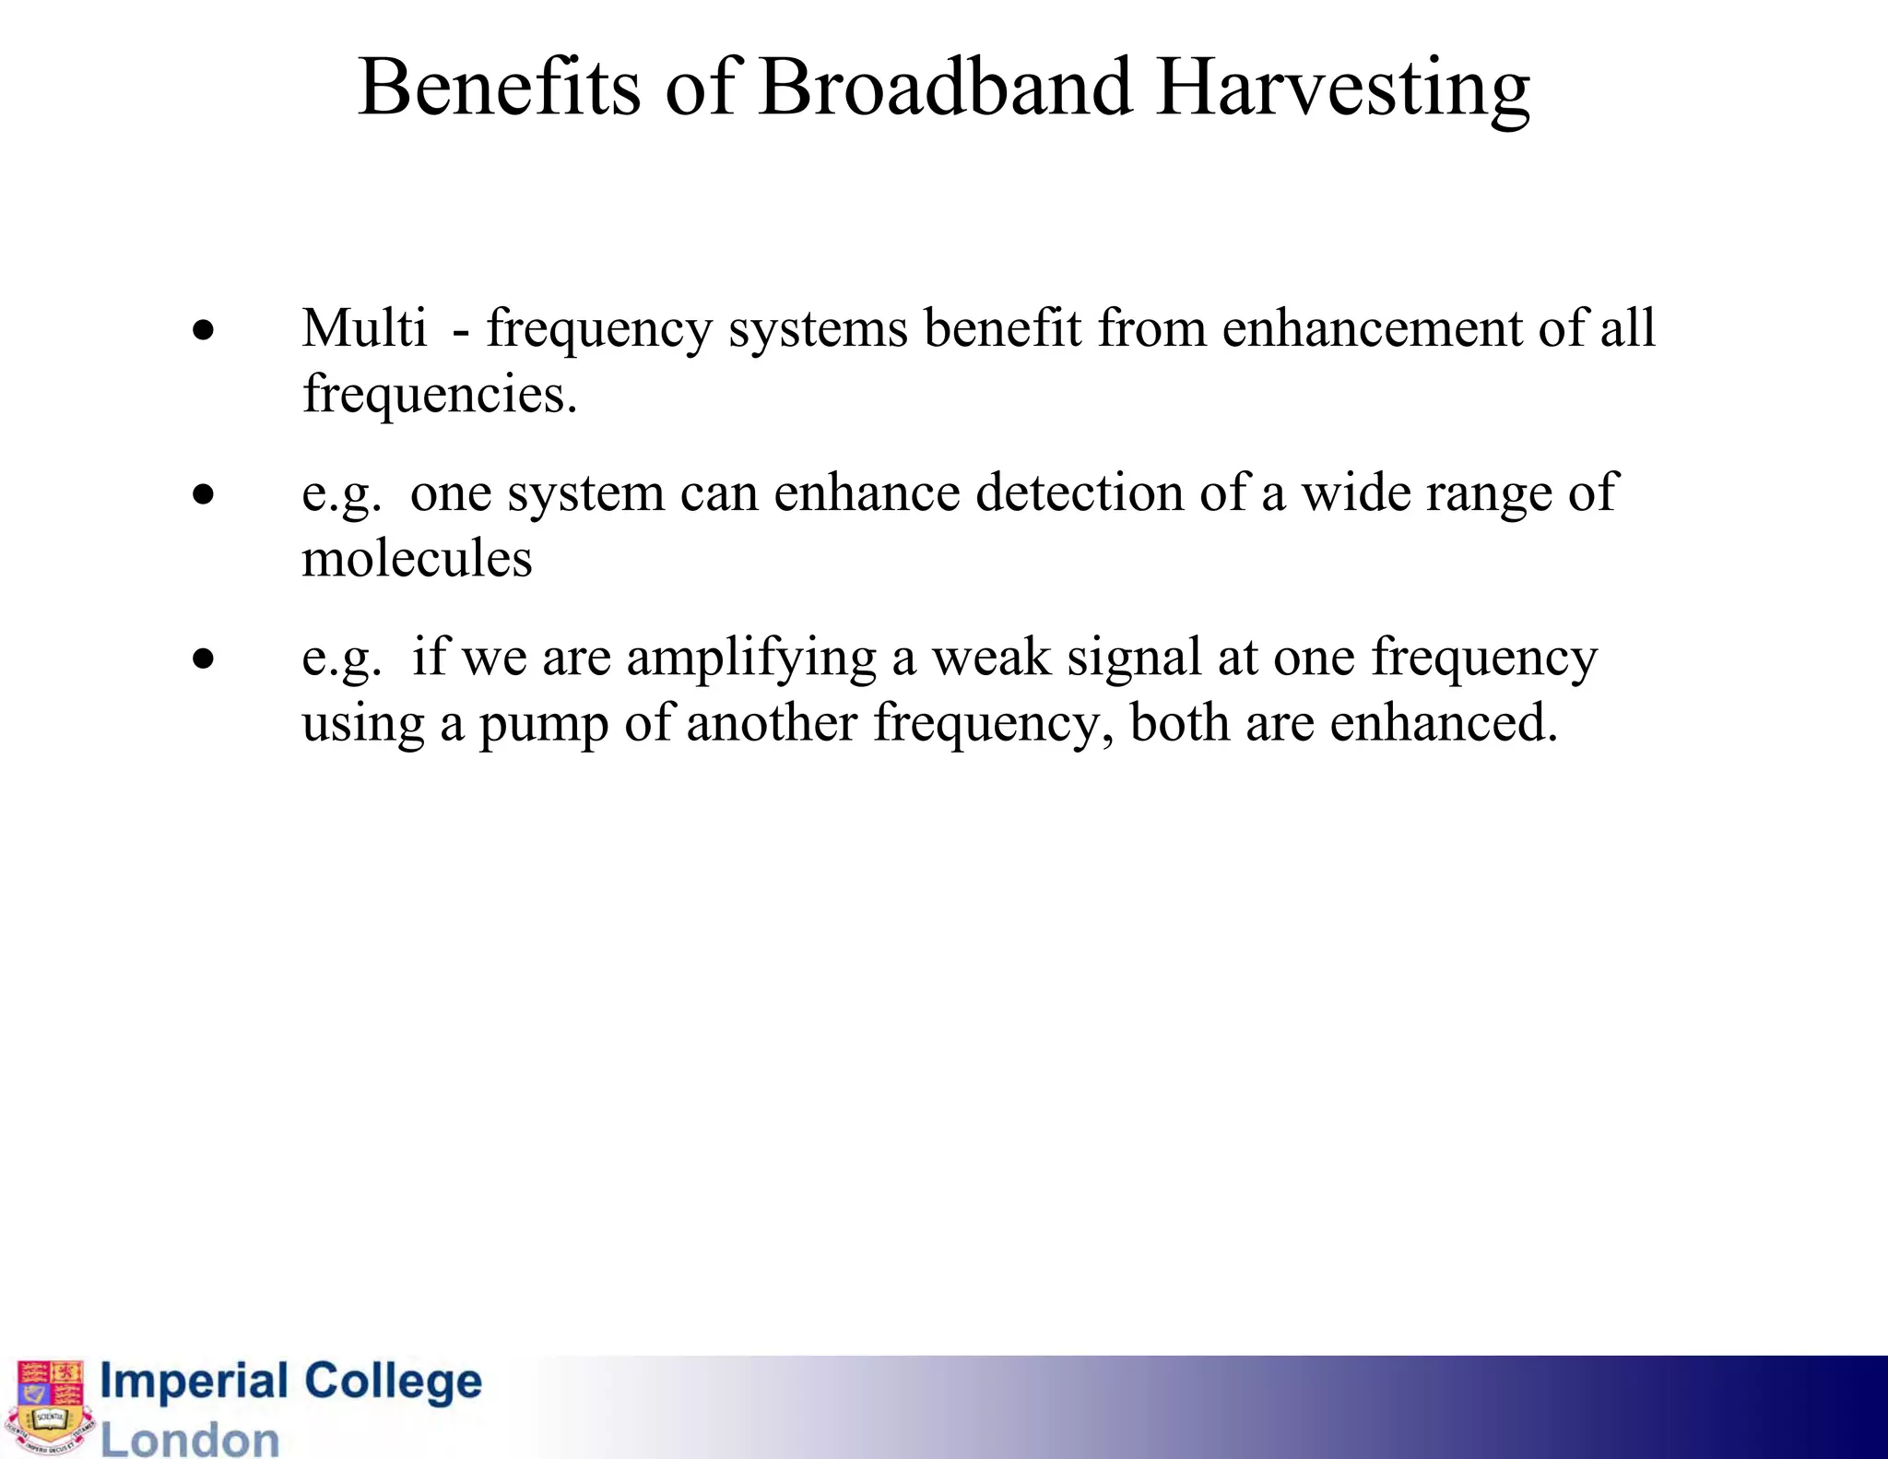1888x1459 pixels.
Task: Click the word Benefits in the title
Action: (x=499, y=88)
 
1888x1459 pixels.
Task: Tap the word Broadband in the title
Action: (x=945, y=88)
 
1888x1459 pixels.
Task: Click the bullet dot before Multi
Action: (x=204, y=330)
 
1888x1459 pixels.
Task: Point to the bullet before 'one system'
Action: (x=204, y=495)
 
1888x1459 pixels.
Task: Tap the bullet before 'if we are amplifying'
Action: (x=204, y=659)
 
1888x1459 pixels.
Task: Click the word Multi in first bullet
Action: (x=364, y=327)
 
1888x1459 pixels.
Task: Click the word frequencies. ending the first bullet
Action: (x=440, y=395)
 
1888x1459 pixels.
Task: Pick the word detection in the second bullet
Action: (x=1080, y=492)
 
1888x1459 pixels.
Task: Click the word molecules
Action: (x=417, y=558)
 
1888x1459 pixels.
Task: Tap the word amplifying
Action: (x=751, y=659)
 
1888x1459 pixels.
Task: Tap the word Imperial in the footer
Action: (x=194, y=1382)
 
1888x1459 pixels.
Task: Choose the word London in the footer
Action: (x=190, y=1439)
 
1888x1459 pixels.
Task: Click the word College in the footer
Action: (x=393, y=1382)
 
